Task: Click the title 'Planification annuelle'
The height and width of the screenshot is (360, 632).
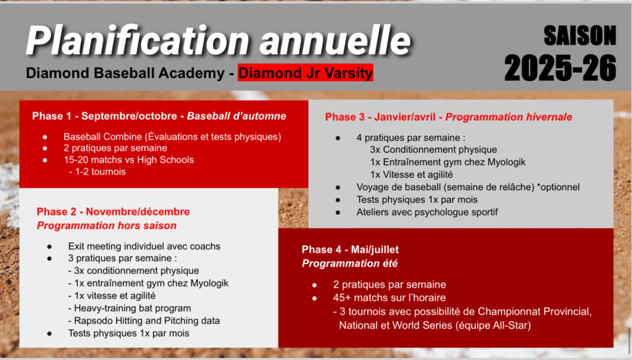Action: tap(218, 40)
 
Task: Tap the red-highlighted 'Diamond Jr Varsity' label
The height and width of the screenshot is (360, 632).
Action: tap(305, 73)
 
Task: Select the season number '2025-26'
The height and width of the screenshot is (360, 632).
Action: tap(560, 68)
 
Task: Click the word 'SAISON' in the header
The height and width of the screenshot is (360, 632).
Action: tap(580, 35)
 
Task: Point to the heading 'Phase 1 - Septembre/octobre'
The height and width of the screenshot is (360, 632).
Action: tap(104, 116)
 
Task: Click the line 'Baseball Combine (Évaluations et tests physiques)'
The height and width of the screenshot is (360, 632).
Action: tap(172, 136)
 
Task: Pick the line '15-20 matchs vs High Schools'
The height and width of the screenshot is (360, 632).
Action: tap(128, 160)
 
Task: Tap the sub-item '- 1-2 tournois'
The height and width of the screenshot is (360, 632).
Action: tap(97, 172)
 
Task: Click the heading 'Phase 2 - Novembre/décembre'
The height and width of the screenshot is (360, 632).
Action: tap(114, 212)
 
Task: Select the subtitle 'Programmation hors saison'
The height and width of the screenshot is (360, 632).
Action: tap(106, 225)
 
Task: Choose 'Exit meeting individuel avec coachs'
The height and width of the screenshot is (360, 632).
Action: tap(144, 246)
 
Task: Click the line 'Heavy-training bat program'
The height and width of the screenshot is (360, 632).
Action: tap(130, 308)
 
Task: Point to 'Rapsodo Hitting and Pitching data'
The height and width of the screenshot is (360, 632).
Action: tap(144, 321)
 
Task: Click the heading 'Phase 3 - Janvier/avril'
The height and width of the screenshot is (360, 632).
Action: tap(380, 117)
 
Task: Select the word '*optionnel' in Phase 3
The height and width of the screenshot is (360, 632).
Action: tap(558, 187)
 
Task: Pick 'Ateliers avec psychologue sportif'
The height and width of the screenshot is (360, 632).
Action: tap(427, 212)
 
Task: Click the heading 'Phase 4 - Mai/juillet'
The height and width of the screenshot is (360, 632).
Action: tap(350, 249)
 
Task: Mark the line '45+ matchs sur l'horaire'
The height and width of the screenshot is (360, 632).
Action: tap(389, 298)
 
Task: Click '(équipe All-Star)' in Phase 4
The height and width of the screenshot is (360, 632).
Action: tap(493, 325)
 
